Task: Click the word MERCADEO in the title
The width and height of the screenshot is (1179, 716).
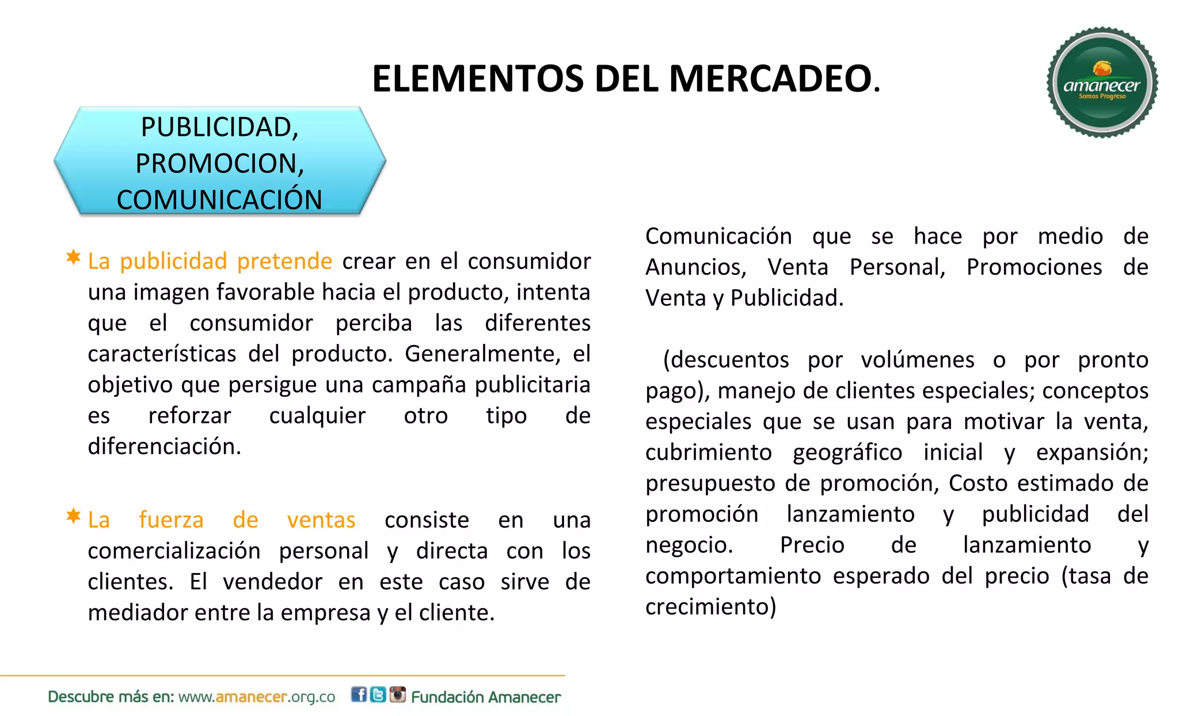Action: click(774, 79)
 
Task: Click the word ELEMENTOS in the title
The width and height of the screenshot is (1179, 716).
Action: click(478, 79)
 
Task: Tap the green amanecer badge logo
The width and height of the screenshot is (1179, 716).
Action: click(1102, 82)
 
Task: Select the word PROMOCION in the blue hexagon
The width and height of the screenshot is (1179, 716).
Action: click(219, 164)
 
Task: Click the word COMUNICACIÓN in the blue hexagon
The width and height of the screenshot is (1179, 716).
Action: click(219, 200)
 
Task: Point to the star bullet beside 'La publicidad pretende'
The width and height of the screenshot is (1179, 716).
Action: click(73, 257)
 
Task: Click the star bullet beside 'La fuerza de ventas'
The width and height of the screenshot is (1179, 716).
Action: click(73, 516)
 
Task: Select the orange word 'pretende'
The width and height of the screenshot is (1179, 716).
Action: click(284, 262)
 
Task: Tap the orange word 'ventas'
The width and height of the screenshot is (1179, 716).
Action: click(321, 520)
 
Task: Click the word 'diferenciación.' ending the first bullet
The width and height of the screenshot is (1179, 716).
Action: click(164, 446)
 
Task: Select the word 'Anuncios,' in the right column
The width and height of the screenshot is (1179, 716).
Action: click(695, 267)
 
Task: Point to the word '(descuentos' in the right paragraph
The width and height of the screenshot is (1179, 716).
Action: click(726, 360)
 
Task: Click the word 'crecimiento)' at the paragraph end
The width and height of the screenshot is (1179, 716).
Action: click(710, 607)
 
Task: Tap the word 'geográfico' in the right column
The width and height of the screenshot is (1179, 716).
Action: click(847, 453)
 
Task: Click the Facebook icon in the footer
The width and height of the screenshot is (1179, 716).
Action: click(359, 695)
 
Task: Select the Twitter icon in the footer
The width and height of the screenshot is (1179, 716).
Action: click(378, 695)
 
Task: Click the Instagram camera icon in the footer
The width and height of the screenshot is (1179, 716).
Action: click(398, 695)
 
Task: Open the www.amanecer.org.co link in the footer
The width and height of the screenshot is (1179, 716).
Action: click(257, 697)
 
